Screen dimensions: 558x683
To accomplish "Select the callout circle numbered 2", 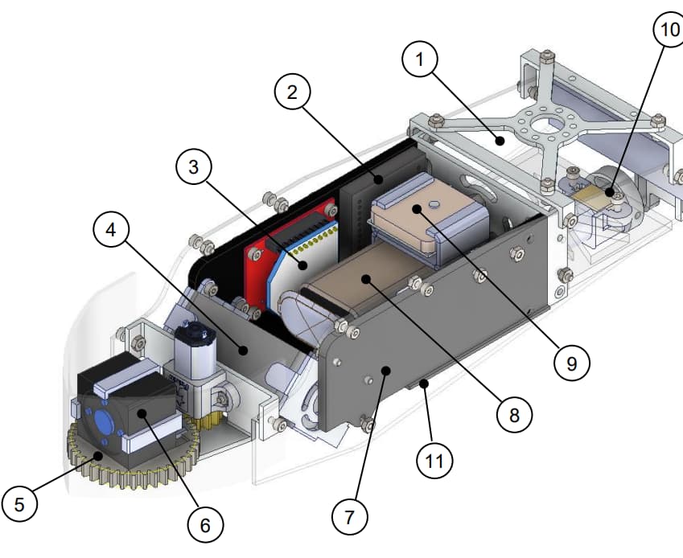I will pos(293,92).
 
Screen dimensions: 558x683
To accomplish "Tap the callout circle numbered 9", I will pos(571,363).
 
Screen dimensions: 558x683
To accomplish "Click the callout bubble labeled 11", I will pos(434,461).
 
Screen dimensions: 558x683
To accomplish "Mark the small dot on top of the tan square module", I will pos(434,204).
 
